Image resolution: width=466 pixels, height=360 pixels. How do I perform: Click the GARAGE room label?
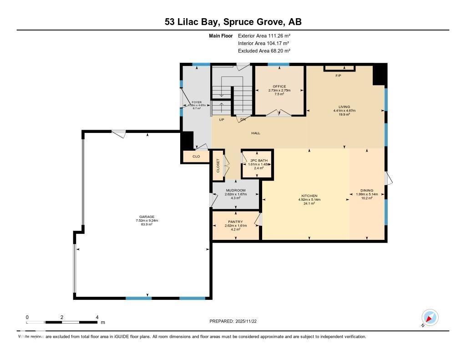click(147, 217)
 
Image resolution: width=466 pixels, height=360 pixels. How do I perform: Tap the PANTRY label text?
click(236, 222)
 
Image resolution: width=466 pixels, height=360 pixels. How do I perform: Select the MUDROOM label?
click(236, 190)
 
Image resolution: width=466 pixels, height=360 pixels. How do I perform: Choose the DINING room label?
click(367, 190)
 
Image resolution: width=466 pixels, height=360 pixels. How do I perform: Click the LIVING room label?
click(344, 106)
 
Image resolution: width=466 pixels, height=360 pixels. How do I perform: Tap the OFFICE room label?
click(279, 86)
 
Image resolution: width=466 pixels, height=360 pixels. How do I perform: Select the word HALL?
click(256, 133)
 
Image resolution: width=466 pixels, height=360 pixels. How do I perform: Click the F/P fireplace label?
click(338, 75)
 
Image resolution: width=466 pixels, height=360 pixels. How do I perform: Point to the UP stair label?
click(222, 120)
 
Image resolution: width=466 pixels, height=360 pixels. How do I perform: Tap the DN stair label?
click(243, 120)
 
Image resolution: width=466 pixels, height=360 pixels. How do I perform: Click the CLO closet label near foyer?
click(196, 156)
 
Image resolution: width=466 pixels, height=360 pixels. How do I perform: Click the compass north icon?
click(430, 318)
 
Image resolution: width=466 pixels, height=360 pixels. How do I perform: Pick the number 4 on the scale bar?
click(97, 317)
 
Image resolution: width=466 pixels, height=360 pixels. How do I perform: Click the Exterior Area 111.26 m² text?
click(264, 35)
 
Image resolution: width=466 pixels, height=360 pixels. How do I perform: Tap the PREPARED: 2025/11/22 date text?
click(236, 321)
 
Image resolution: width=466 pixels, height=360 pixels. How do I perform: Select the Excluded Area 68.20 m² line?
click(264, 51)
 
